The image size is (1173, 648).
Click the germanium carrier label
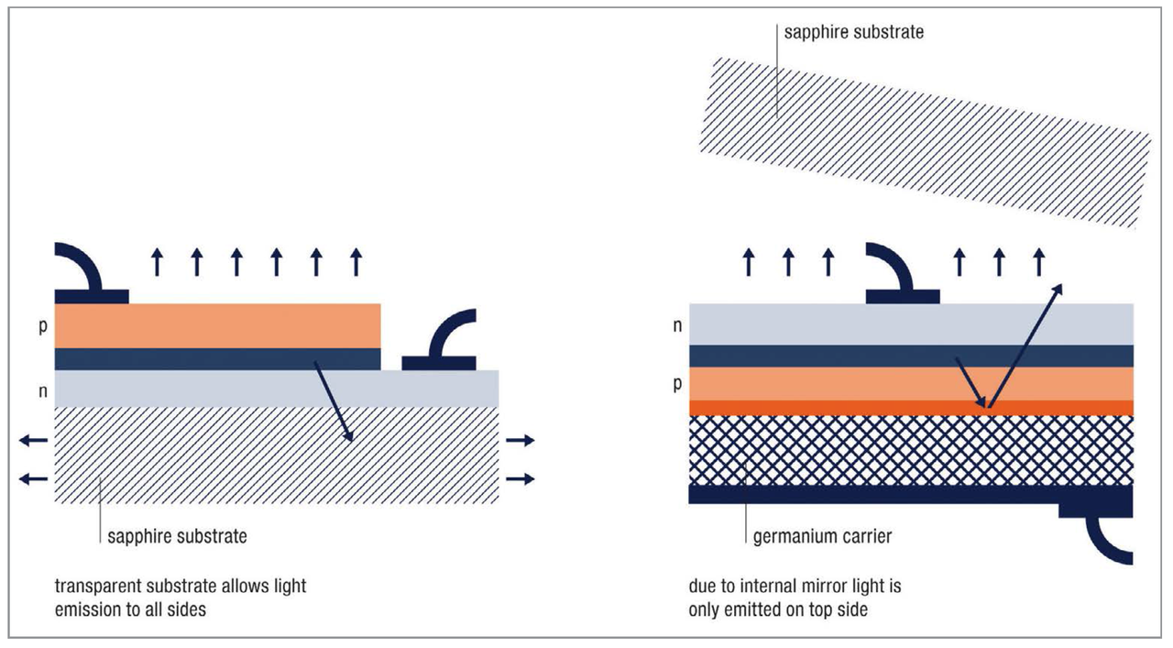[822, 536]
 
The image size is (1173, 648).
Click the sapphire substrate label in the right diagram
[854, 33]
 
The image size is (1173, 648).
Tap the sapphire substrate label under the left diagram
[177, 536]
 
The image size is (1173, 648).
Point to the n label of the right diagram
[676, 324]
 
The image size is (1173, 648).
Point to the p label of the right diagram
[676, 383]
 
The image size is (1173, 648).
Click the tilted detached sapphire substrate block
[926, 142]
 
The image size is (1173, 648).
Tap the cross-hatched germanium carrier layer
[911, 450]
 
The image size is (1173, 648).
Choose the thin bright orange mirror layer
[911, 408]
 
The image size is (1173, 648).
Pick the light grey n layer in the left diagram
[275, 389]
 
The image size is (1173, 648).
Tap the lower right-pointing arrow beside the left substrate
[521, 478]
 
